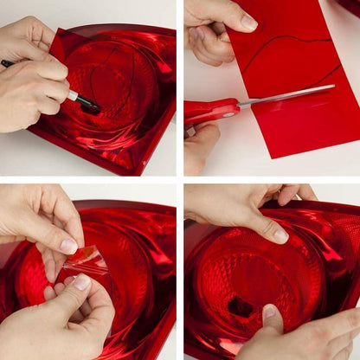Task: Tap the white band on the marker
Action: click(74, 95)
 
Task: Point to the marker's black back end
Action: click(7, 63)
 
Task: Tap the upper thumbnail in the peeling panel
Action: click(68, 246)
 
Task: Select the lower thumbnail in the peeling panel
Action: click(82, 282)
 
